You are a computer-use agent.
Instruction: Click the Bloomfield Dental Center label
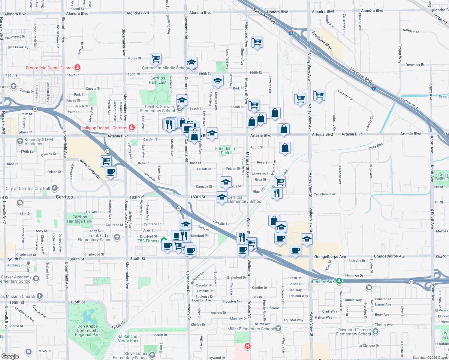pos(50,68)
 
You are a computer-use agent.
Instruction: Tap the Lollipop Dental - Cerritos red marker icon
pos(131,128)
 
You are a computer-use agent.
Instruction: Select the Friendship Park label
pos(225,151)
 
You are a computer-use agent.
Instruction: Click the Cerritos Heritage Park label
pos(80,219)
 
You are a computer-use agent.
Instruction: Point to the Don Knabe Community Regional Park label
pos(88,330)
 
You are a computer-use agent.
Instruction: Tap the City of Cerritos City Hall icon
pos(55,188)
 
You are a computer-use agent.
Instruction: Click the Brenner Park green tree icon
pos(339,281)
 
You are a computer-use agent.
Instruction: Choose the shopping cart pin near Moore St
pos(155,59)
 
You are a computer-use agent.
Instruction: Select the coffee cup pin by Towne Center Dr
pos(111,172)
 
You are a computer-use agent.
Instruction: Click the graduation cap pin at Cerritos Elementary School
pos(221,197)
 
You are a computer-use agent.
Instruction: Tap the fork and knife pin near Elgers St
pos(276,193)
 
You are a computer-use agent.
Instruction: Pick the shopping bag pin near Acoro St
pos(285,148)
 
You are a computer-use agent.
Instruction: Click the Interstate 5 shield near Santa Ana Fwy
pos(291,33)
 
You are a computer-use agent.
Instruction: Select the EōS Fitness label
pos(148,241)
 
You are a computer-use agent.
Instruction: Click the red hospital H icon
pos(247,346)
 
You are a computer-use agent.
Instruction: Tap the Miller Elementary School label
pos(251,329)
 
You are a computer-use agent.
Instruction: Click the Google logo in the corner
pos(10,356)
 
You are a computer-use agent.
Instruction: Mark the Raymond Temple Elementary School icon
pos(375,331)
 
